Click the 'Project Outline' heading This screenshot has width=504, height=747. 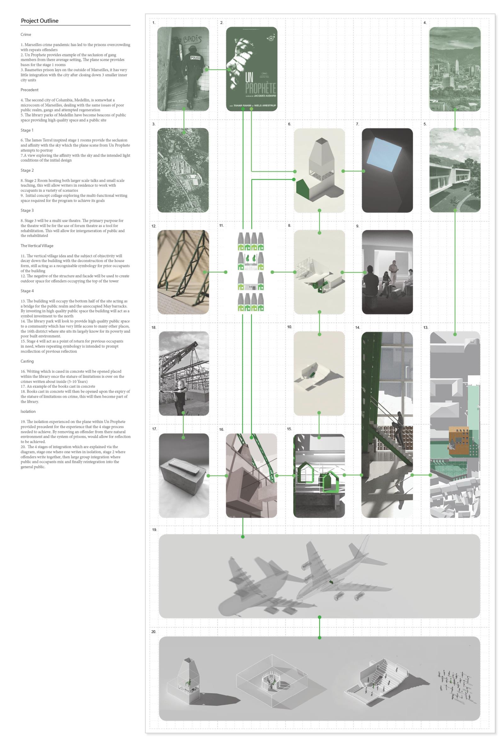coord(40,21)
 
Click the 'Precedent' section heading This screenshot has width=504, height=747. coord(30,90)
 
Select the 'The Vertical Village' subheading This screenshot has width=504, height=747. coord(37,246)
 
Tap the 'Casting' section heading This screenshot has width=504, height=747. coord(27,361)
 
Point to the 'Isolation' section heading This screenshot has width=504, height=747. coord(28,411)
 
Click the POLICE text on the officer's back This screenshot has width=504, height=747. coord(195,58)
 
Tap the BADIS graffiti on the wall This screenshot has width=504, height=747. coord(192,39)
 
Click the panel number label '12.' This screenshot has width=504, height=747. coord(154,226)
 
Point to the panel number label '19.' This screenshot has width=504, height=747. coord(154,529)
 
